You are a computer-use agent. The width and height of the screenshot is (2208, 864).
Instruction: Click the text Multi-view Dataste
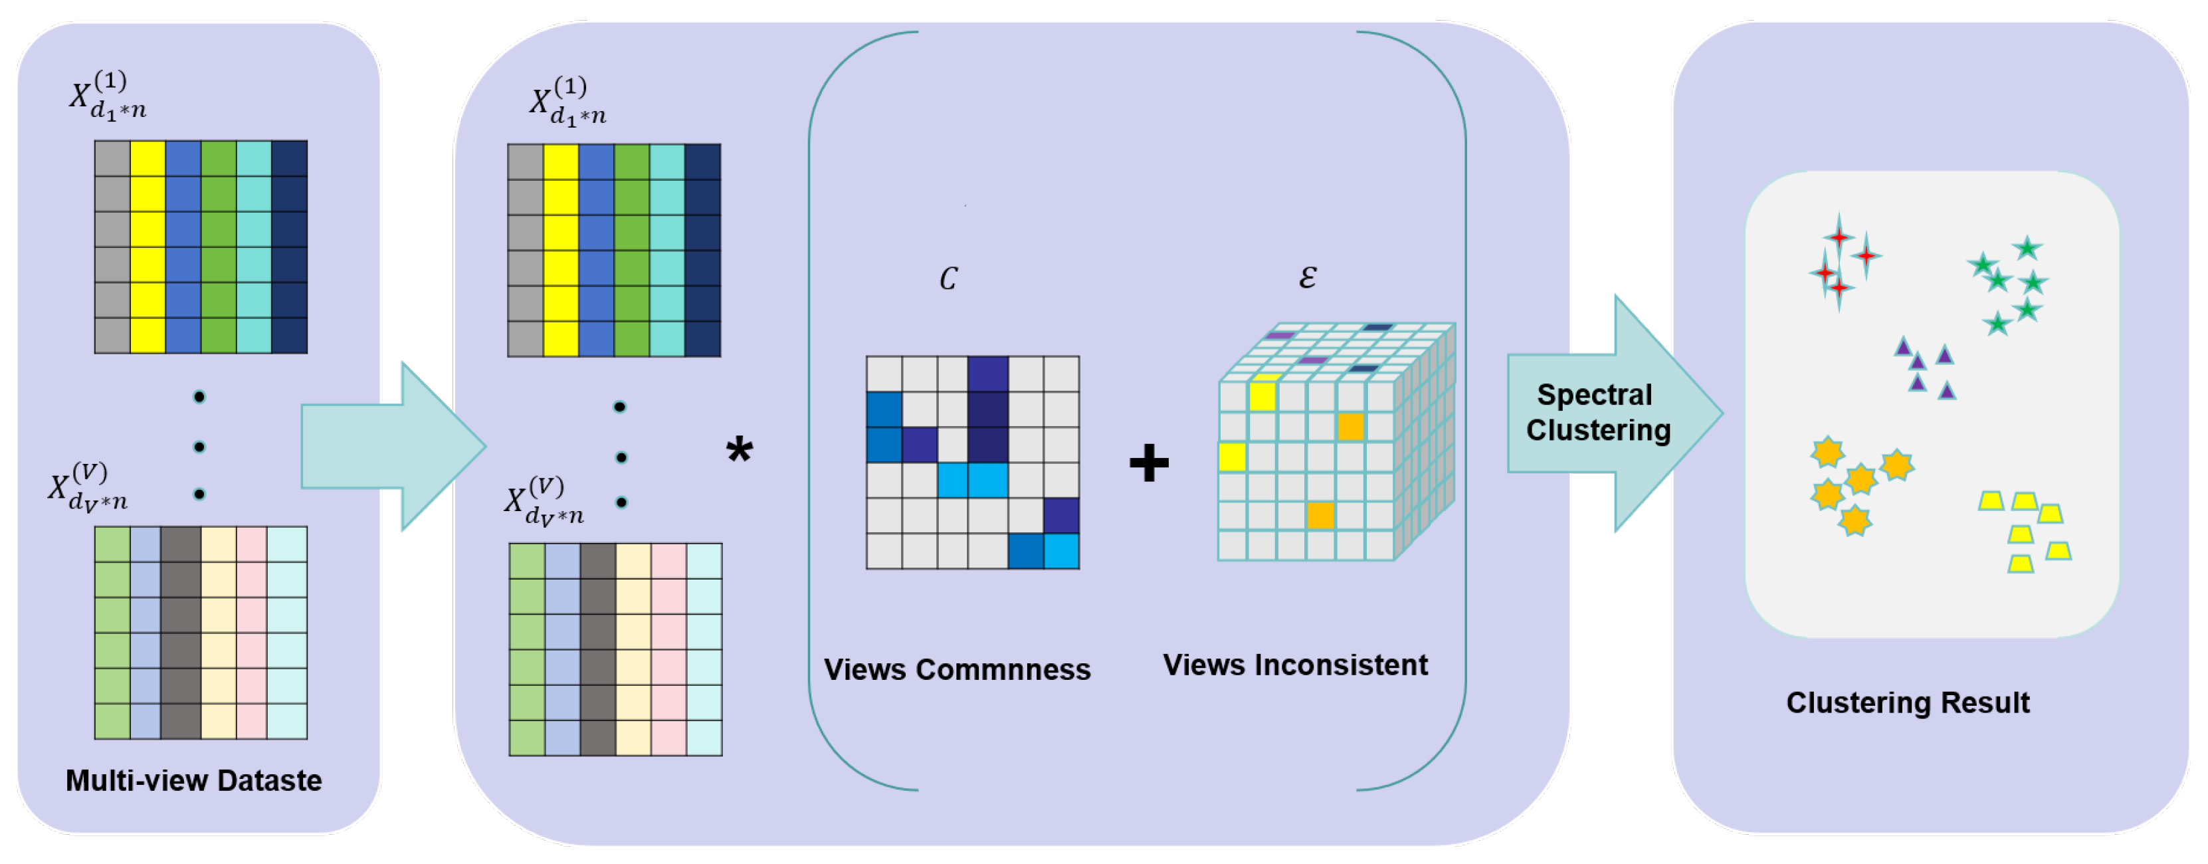click(x=194, y=780)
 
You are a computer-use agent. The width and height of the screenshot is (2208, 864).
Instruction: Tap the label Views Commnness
click(x=957, y=669)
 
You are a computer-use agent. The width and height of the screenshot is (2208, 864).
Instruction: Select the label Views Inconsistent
click(x=1294, y=665)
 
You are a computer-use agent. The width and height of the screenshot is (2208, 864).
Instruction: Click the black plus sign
click(x=1149, y=463)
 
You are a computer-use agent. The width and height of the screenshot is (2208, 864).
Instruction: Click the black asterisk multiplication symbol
click(x=739, y=450)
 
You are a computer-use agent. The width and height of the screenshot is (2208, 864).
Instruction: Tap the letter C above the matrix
click(x=948, y=278)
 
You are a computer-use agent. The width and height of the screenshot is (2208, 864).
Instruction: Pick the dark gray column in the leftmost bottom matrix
click(x=180, y=633)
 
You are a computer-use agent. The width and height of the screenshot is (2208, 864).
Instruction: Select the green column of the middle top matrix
click(x=632, y=251)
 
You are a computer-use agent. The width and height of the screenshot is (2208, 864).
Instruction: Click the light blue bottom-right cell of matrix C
click(x=1061, y=551)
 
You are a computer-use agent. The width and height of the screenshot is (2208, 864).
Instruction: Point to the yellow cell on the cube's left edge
click(x=1232, y=457)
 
